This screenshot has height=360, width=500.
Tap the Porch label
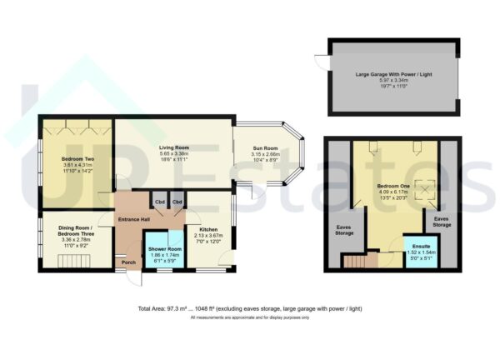click(x=128, y=262)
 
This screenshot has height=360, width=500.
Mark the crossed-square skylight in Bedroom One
click(x=430, y=192)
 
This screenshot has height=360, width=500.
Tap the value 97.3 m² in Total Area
click(x=177, y=309)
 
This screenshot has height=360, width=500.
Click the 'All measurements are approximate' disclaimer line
click(x=250, y=317)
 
